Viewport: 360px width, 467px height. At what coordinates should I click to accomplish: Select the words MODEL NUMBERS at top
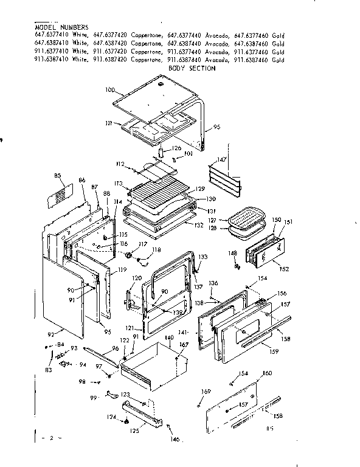pyautogui.click(x=61, y=28)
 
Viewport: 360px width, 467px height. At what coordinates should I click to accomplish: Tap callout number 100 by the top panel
pyautogui.click(x=109, y=90)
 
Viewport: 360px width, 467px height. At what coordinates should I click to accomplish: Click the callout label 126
pyautogui.click(x=176, y=148)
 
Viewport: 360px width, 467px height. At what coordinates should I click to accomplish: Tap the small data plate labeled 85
pyautogui.click(x=60, y=196)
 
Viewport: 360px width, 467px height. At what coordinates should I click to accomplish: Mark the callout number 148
pyautogui.click(x=233, y=253)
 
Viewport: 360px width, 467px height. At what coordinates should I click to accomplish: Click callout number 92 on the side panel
pyautogui.click(x=52, y=333)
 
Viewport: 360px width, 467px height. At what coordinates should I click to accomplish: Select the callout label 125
pyautogui.click(x=135, y=431)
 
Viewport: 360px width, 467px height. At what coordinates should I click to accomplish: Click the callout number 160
pyautogui.click(x=267, y=373)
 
